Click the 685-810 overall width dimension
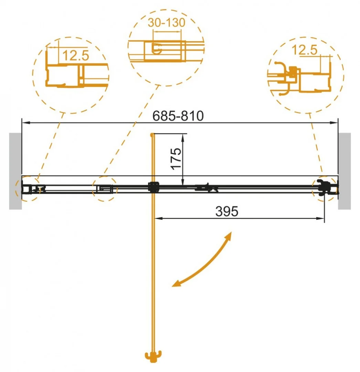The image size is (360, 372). (x=178, y=116)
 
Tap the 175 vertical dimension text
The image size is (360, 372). (x=176, y=158)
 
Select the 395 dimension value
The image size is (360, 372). (x=226, y=211)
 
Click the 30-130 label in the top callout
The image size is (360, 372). (x=167, y=23)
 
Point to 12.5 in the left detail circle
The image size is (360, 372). (x=76, y=55)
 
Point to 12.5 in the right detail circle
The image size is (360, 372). (x=304, y=50)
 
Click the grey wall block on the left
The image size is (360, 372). (x=15, y=171)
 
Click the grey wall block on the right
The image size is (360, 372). (x=344, y=171)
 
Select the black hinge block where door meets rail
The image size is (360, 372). (x=153, y=187)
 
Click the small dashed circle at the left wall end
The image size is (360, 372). (x=25, y=189)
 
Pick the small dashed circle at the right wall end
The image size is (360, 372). (x=324, y=187)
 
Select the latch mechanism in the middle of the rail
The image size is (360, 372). (x=207, y=188)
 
